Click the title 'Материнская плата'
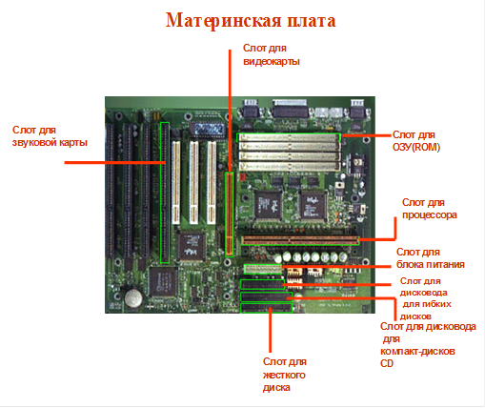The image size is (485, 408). tap(251, 21)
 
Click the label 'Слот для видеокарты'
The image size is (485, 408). tap(272, 54)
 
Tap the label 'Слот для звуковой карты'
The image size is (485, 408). tap(50, 136)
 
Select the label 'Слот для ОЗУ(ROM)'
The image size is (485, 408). tap(416, 141)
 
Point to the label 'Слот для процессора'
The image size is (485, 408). tap(430, 209)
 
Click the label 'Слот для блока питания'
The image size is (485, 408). tap(431, 258)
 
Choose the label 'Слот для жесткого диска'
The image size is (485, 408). tap(284, 375)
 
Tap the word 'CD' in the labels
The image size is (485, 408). tap(387, 363)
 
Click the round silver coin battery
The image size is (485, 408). tap(133, 298)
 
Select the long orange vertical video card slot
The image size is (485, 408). tap(230, 214)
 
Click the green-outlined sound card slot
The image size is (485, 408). tap(165, 193)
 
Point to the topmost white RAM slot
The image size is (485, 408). tap(289, 137)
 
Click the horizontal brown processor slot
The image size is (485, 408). tap(300, 240)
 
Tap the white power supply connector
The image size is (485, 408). tap(263, 269)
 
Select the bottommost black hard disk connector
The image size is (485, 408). tap(266, 308)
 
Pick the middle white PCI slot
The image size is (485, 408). tap(193, 182)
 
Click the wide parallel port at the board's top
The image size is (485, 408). tap(291, 109)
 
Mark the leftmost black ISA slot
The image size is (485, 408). tap(110, 191)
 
